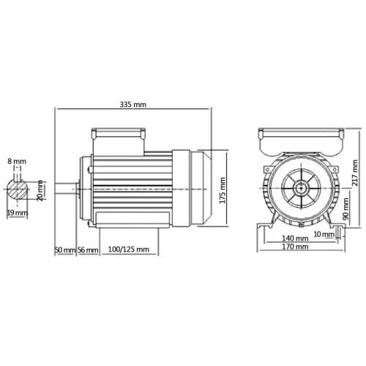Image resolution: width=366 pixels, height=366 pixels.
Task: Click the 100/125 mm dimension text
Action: pos(129,250)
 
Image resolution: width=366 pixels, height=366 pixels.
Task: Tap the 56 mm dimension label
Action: pos(88,250)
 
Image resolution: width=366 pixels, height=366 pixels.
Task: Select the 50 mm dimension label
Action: pos(65,250)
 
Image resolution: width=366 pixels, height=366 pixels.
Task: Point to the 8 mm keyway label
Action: pos(17,161)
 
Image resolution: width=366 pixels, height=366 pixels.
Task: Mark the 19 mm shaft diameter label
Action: pos(17,213)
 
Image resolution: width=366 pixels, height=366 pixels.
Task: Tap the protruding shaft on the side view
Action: pos(70,189)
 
